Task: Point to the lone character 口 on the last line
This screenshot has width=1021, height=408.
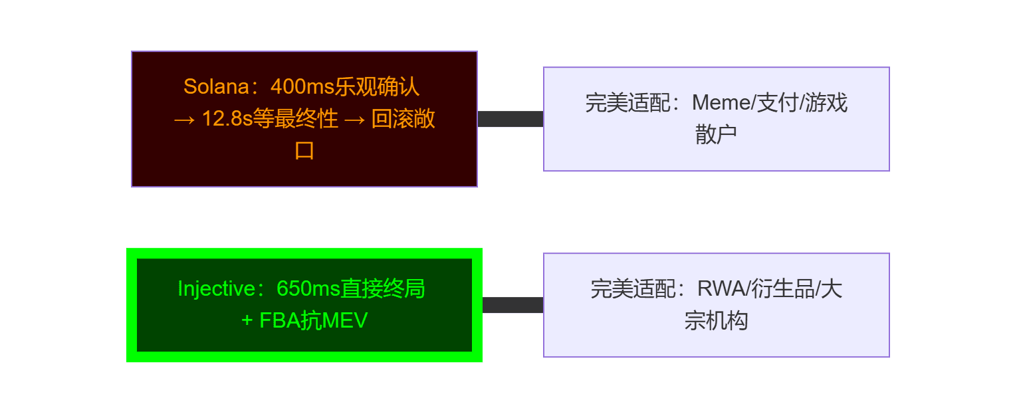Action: point(304,151)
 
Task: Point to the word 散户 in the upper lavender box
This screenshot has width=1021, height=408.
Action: point(716,135)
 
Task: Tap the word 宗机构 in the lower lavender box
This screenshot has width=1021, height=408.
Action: point(716,322)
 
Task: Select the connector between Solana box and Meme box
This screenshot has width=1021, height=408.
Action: point(510,119)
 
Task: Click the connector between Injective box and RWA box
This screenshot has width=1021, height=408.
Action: point(512,305)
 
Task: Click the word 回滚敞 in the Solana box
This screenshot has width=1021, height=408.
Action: point(403,120)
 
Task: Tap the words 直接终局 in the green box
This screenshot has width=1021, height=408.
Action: point(383,290)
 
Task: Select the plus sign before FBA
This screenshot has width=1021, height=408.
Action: point(247,322)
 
